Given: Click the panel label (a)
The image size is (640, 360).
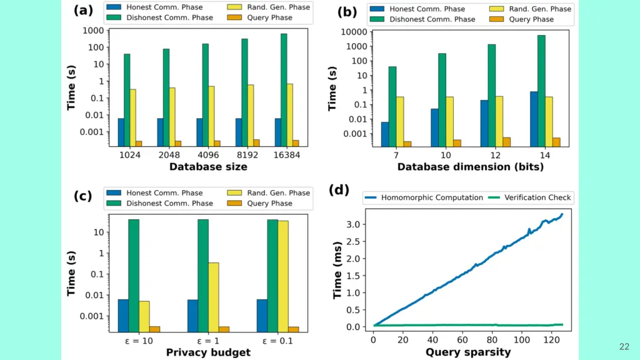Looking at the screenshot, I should (x=83, y=11).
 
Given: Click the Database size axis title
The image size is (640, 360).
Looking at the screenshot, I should (x=208, y=167).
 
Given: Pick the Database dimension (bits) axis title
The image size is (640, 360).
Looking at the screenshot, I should (x=471, y=167).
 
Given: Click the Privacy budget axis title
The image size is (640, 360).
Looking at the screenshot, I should (x=208, y=352).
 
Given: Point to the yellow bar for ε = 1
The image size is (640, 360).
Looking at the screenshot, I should (x=213, y=296).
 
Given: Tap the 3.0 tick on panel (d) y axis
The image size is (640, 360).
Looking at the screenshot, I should (x=353, y=224).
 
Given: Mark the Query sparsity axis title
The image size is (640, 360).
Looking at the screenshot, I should (x=468, y=352).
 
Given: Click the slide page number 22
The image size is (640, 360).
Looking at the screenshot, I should (x=624, y=346).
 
